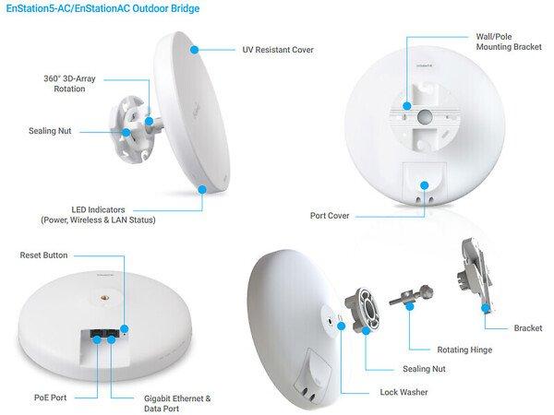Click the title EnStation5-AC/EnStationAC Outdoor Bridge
[x=102, y=8]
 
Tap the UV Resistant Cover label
[x=278, y=50]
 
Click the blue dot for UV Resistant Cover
[x=194, y=50]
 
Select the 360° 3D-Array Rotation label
[x=69, y=84]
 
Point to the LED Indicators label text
[x=98, y=215]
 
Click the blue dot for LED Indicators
[x=202, y=189]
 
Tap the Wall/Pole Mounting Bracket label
[x=509, y=41]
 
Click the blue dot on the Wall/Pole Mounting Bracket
[x=407, y=105]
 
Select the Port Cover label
[x=330, y=216]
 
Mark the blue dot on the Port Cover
[x=425, y=185]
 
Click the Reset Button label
[x=43, y=255]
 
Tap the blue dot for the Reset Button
[x=125, y=329]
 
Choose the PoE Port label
[x=50, y=397]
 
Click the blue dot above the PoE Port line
[x=97, y=339]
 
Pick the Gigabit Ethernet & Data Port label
[x=177, y=403]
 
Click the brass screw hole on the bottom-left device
[x=105, y=298]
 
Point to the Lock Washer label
[x=403, y=392]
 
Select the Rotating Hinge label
[x=464, y=350]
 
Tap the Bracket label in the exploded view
[x=528, y=328]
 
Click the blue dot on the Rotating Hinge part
[x=409, y=306]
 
